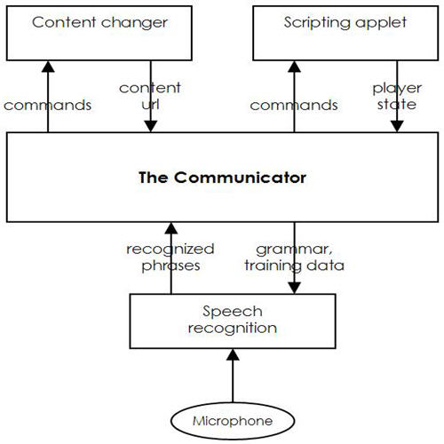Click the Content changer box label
pyautogui.click(x=99, y=22)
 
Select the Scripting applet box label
pyautogui.click(x=345, y=22)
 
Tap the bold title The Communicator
pyautogui.click(x=222, y=178)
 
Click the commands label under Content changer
pyautogui.click(x=47, y=106)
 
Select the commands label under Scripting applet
pyautogui.click(x=294, y=106)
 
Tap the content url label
pyautogui.click(x=150, y=96)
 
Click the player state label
pyautogui.click(x=397, y=97)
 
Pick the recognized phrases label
pyautogui.click(x=170, y=258)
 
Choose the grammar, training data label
pyautogui.click(x=294, y=258)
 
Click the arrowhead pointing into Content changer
pyautogui.click(x=48, y=67)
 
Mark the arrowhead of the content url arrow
pyautogui.click(x=151, y=126)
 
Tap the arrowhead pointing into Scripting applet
pyautogui.click(x=294, y=67)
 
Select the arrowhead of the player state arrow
pyautogui.click(x=397, y=126)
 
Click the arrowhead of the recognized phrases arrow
pyautogui.click(x=171, y=228)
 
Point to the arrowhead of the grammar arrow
pyautogui.click(x=294, y=288)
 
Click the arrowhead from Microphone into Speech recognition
pyautogui.click(x=233, y=354)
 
